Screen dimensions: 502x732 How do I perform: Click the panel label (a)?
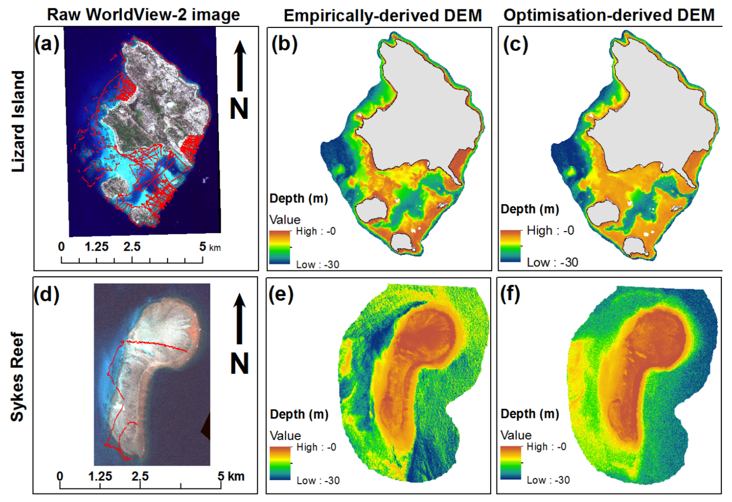click(x=47, y=44)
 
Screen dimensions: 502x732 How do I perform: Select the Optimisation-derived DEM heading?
click(x=609, y=15)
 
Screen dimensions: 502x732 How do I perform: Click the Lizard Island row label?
click(x=18, y=121)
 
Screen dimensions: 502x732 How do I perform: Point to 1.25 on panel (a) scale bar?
click(x=96, y=246)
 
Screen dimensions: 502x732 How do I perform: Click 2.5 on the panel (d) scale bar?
click(x=140, y=476)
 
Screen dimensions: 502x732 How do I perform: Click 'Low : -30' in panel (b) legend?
click(x=317, y=264)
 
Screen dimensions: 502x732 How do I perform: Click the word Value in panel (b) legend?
click(x=285, y=220)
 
